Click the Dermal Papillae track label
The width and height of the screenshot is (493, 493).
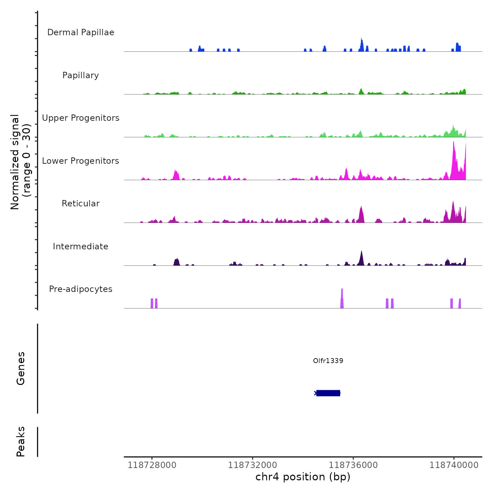[81, 32]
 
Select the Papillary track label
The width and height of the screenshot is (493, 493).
[81, 75]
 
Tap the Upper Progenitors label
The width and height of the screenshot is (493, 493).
[81, 118]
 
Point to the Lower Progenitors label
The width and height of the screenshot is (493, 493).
[81, 161]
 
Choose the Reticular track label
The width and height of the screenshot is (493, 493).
[81, 204]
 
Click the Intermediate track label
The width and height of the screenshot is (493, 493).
[81, 246]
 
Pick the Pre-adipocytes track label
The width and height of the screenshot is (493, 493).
[81, 289]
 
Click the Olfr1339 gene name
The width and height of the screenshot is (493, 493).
[328, 361]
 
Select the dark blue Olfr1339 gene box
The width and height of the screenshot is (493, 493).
[328, 393]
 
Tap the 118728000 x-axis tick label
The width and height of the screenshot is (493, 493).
[152, 465]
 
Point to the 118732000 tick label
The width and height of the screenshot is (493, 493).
[252, 465]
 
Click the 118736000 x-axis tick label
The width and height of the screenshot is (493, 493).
[353, 465]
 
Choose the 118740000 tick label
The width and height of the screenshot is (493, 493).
[454, 465]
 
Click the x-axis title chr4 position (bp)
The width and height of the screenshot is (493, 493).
[303, 477]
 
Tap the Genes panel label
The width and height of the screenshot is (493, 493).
[21, 368]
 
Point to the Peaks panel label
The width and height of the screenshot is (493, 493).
[21, 442]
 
